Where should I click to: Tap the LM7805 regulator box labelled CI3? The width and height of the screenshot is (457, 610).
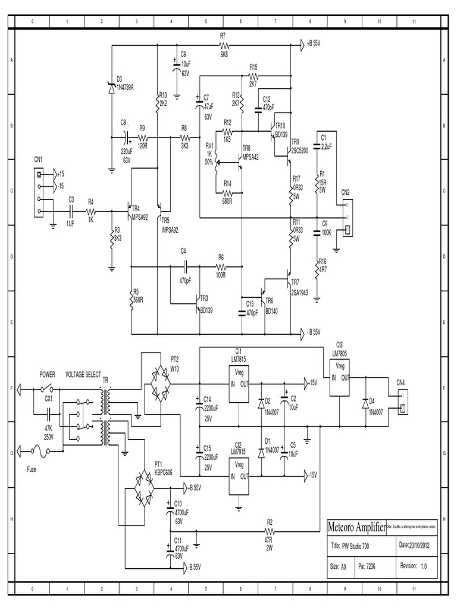click(341, 376)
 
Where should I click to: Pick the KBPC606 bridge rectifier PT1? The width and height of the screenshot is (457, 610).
click(142, 485)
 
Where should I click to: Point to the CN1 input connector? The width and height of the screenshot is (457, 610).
click(40, 192)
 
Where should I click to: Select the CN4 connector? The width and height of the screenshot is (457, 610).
click(403, 402)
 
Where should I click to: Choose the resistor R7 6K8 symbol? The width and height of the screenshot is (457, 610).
click(224, 45)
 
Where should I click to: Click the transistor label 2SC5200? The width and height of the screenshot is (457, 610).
click(301, 151)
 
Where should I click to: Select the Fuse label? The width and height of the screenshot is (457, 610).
click(32, 469)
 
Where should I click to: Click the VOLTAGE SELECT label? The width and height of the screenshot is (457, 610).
click(83, 374)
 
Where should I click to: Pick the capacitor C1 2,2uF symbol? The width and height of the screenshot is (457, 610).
click(318, 145)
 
